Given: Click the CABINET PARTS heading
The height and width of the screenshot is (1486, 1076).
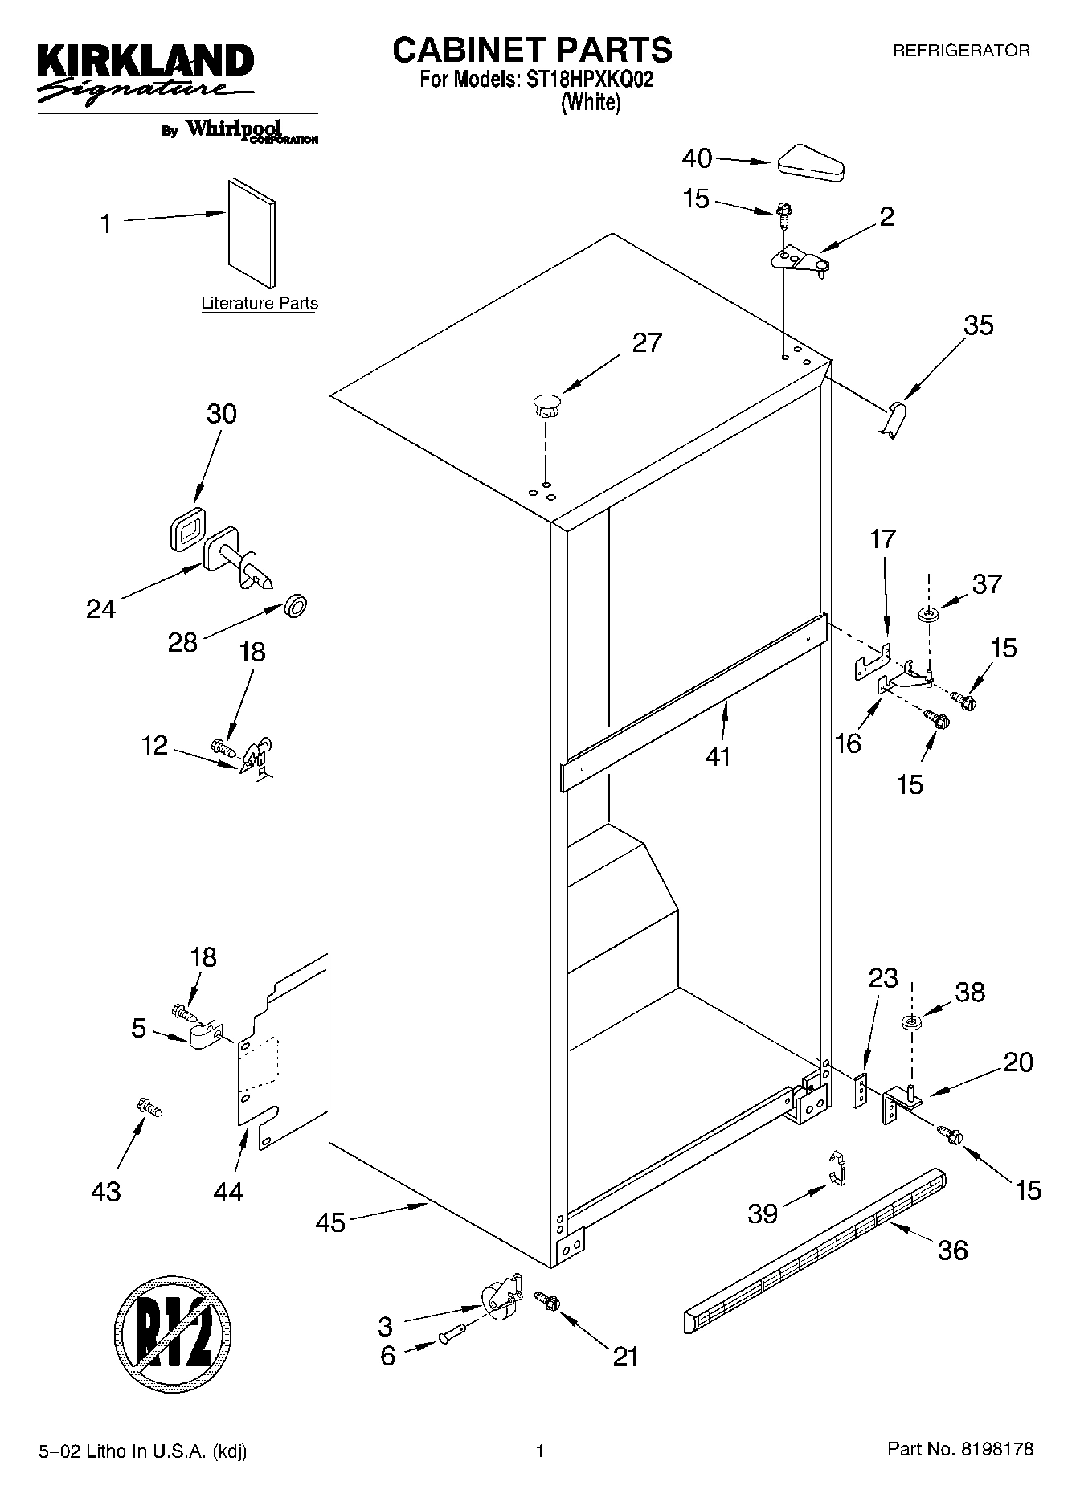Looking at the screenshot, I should tap(532, 50).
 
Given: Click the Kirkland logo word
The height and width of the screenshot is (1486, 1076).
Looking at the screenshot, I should tap(145, 61).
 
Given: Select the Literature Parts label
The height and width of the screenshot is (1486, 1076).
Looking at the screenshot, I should tap(260, 303).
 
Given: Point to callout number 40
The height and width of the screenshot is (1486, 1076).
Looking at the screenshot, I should tap(697, 158).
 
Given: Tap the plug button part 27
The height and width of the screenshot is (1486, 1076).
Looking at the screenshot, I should tap(546, 404).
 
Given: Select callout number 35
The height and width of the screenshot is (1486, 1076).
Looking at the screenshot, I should tap(978, 325).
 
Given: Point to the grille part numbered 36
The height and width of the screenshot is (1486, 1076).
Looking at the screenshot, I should tap(816, 1254).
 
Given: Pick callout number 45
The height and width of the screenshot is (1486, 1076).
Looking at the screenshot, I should tap(330, 1222).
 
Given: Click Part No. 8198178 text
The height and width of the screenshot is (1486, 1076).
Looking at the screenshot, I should tap(959, 1450).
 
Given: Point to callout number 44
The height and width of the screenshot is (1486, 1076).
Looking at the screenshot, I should tap(228, 1192).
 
